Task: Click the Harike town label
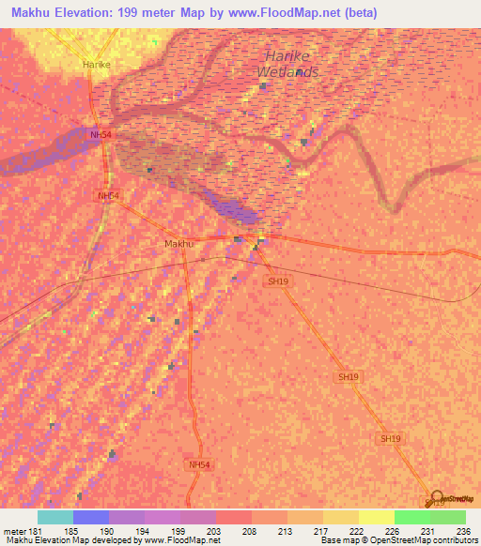pyautogui.click(x=97, y=64)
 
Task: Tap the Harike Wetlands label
pyautogui.click(x=290, y=64)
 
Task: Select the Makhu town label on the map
pyautogui.click(x=178, y=244)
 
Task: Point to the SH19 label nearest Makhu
pyautogui.click(x=276, y=281)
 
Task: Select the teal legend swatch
pyautogui.click(x=55, y=517)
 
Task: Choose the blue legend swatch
pyautogui.click(x=91, y=517)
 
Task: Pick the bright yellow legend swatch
pyautogui.click(x=376, y=517)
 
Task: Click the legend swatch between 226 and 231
pyautogui.click(x=411, y=517)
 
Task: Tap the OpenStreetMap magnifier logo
pyautogui.click(x=436, y=496)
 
